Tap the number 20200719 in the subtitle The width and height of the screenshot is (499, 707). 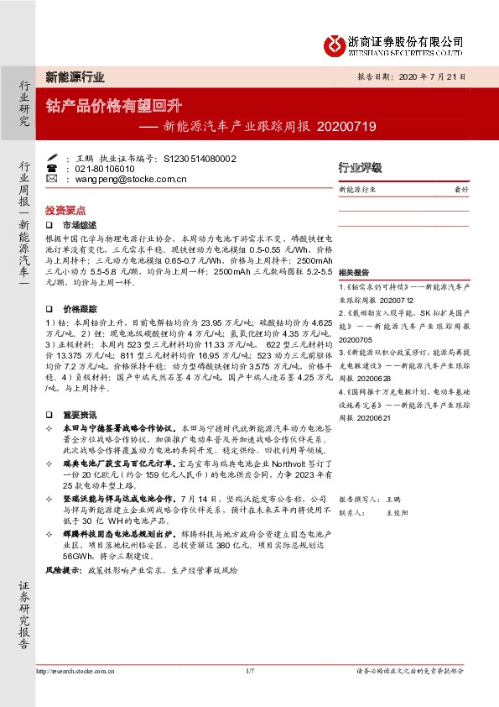click(x=347, y=128)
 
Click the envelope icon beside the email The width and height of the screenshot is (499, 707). click(x=52, y=180)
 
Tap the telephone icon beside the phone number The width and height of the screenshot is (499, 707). click(x=52, y=168)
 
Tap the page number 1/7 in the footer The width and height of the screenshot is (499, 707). click(x=249, y=671)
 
